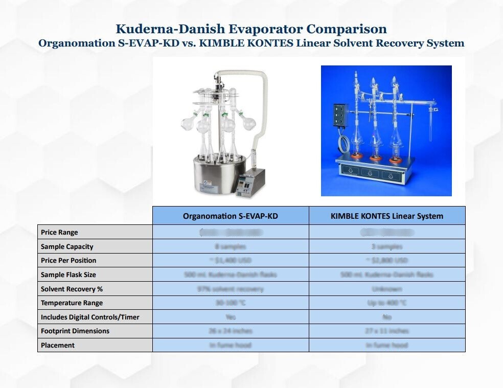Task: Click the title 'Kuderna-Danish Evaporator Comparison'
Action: [251, 29]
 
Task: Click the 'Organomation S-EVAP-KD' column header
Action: [231, 216]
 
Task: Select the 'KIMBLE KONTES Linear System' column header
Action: [387, 216]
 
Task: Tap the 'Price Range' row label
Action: [59, 232]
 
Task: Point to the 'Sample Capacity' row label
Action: [67, 246]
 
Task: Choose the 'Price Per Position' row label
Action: [68, 260]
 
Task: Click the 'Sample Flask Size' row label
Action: [68, 275]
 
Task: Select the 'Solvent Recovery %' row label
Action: [72, 289]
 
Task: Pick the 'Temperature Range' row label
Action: [72, 303]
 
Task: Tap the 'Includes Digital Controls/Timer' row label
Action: [90, 317]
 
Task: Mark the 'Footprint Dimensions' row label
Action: [75, 331]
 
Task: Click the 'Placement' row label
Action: [58, 345]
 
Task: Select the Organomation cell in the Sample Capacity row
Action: [231, 246]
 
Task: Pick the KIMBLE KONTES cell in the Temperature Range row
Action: [387, 303]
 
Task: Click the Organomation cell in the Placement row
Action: [231, 345]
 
